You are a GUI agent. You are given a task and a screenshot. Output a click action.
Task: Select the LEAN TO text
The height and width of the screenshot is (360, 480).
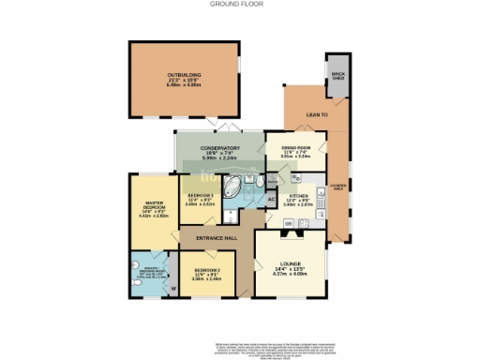click(316, 115)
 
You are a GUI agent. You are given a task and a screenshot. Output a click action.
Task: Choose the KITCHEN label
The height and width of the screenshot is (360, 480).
click(298, 198)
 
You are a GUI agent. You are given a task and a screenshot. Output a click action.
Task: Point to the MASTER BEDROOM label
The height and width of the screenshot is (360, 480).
click(153, 206)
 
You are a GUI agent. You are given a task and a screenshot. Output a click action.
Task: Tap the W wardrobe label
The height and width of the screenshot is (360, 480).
click(173, 288)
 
